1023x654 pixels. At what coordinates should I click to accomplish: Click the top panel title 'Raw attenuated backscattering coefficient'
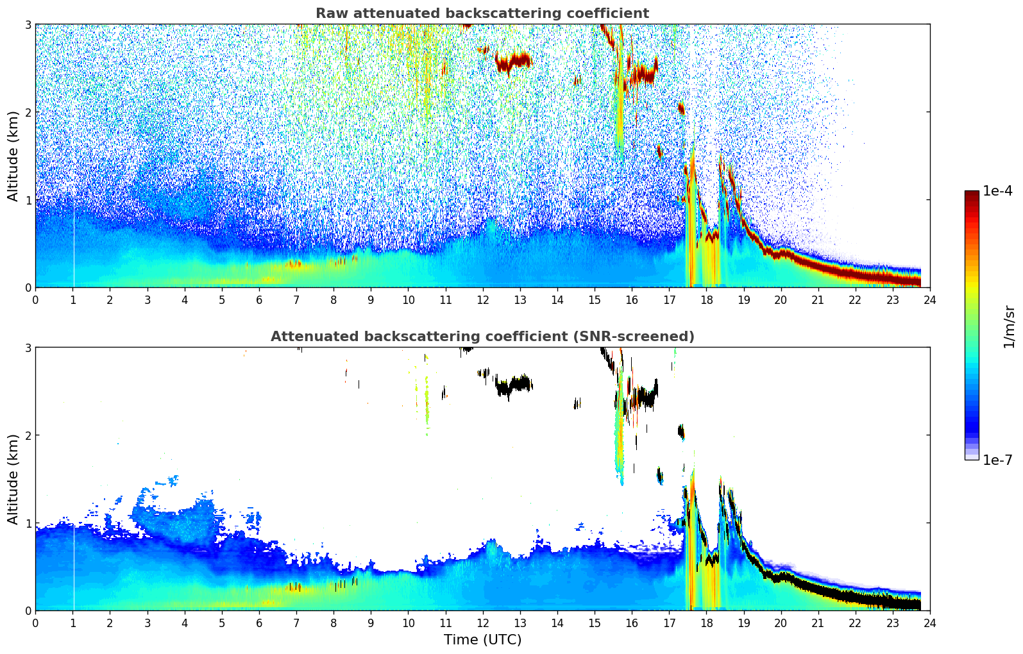pos(482,13)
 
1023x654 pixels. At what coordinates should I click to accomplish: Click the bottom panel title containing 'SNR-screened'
pos(482,337)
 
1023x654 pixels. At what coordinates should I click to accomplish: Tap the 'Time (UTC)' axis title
pos(482,639)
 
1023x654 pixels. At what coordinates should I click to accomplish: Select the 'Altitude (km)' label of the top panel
pos(13,156)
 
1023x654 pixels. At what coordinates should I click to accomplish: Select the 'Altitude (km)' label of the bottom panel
pos(13,479)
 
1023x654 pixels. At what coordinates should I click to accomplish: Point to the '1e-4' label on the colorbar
pos(997,191)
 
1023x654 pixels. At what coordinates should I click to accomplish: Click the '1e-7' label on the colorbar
pos(997,460)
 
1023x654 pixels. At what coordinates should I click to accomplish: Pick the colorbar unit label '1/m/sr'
pos(1009,327)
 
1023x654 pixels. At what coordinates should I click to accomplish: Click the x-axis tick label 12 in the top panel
pos(482,299)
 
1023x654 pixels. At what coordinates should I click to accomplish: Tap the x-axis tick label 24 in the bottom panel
pos(929,623)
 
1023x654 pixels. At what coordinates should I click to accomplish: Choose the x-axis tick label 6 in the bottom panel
pos(259,623)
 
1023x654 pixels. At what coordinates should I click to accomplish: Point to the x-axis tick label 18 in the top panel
pos(706,299)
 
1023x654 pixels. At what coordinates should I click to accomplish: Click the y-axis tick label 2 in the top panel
pos(28,112)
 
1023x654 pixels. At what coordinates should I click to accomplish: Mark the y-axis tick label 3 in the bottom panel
pos(28,348)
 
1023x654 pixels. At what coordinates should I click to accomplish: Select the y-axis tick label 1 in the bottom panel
pos(28,523)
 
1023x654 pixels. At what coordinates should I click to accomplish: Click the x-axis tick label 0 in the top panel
pos(35,299)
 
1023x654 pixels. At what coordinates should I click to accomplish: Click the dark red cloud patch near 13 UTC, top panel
pos(513,62)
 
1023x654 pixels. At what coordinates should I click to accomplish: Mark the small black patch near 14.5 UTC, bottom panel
pos(577,403)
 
